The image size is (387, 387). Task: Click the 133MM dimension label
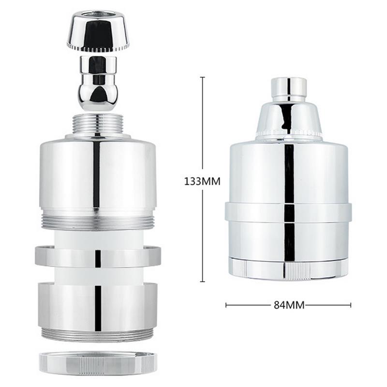[202, 182]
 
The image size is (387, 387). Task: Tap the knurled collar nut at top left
[99, 33]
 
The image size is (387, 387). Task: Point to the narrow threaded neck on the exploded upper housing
[98, 125]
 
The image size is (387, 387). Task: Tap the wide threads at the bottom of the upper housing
[98, 222]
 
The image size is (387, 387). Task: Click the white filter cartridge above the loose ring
[98, 238]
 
